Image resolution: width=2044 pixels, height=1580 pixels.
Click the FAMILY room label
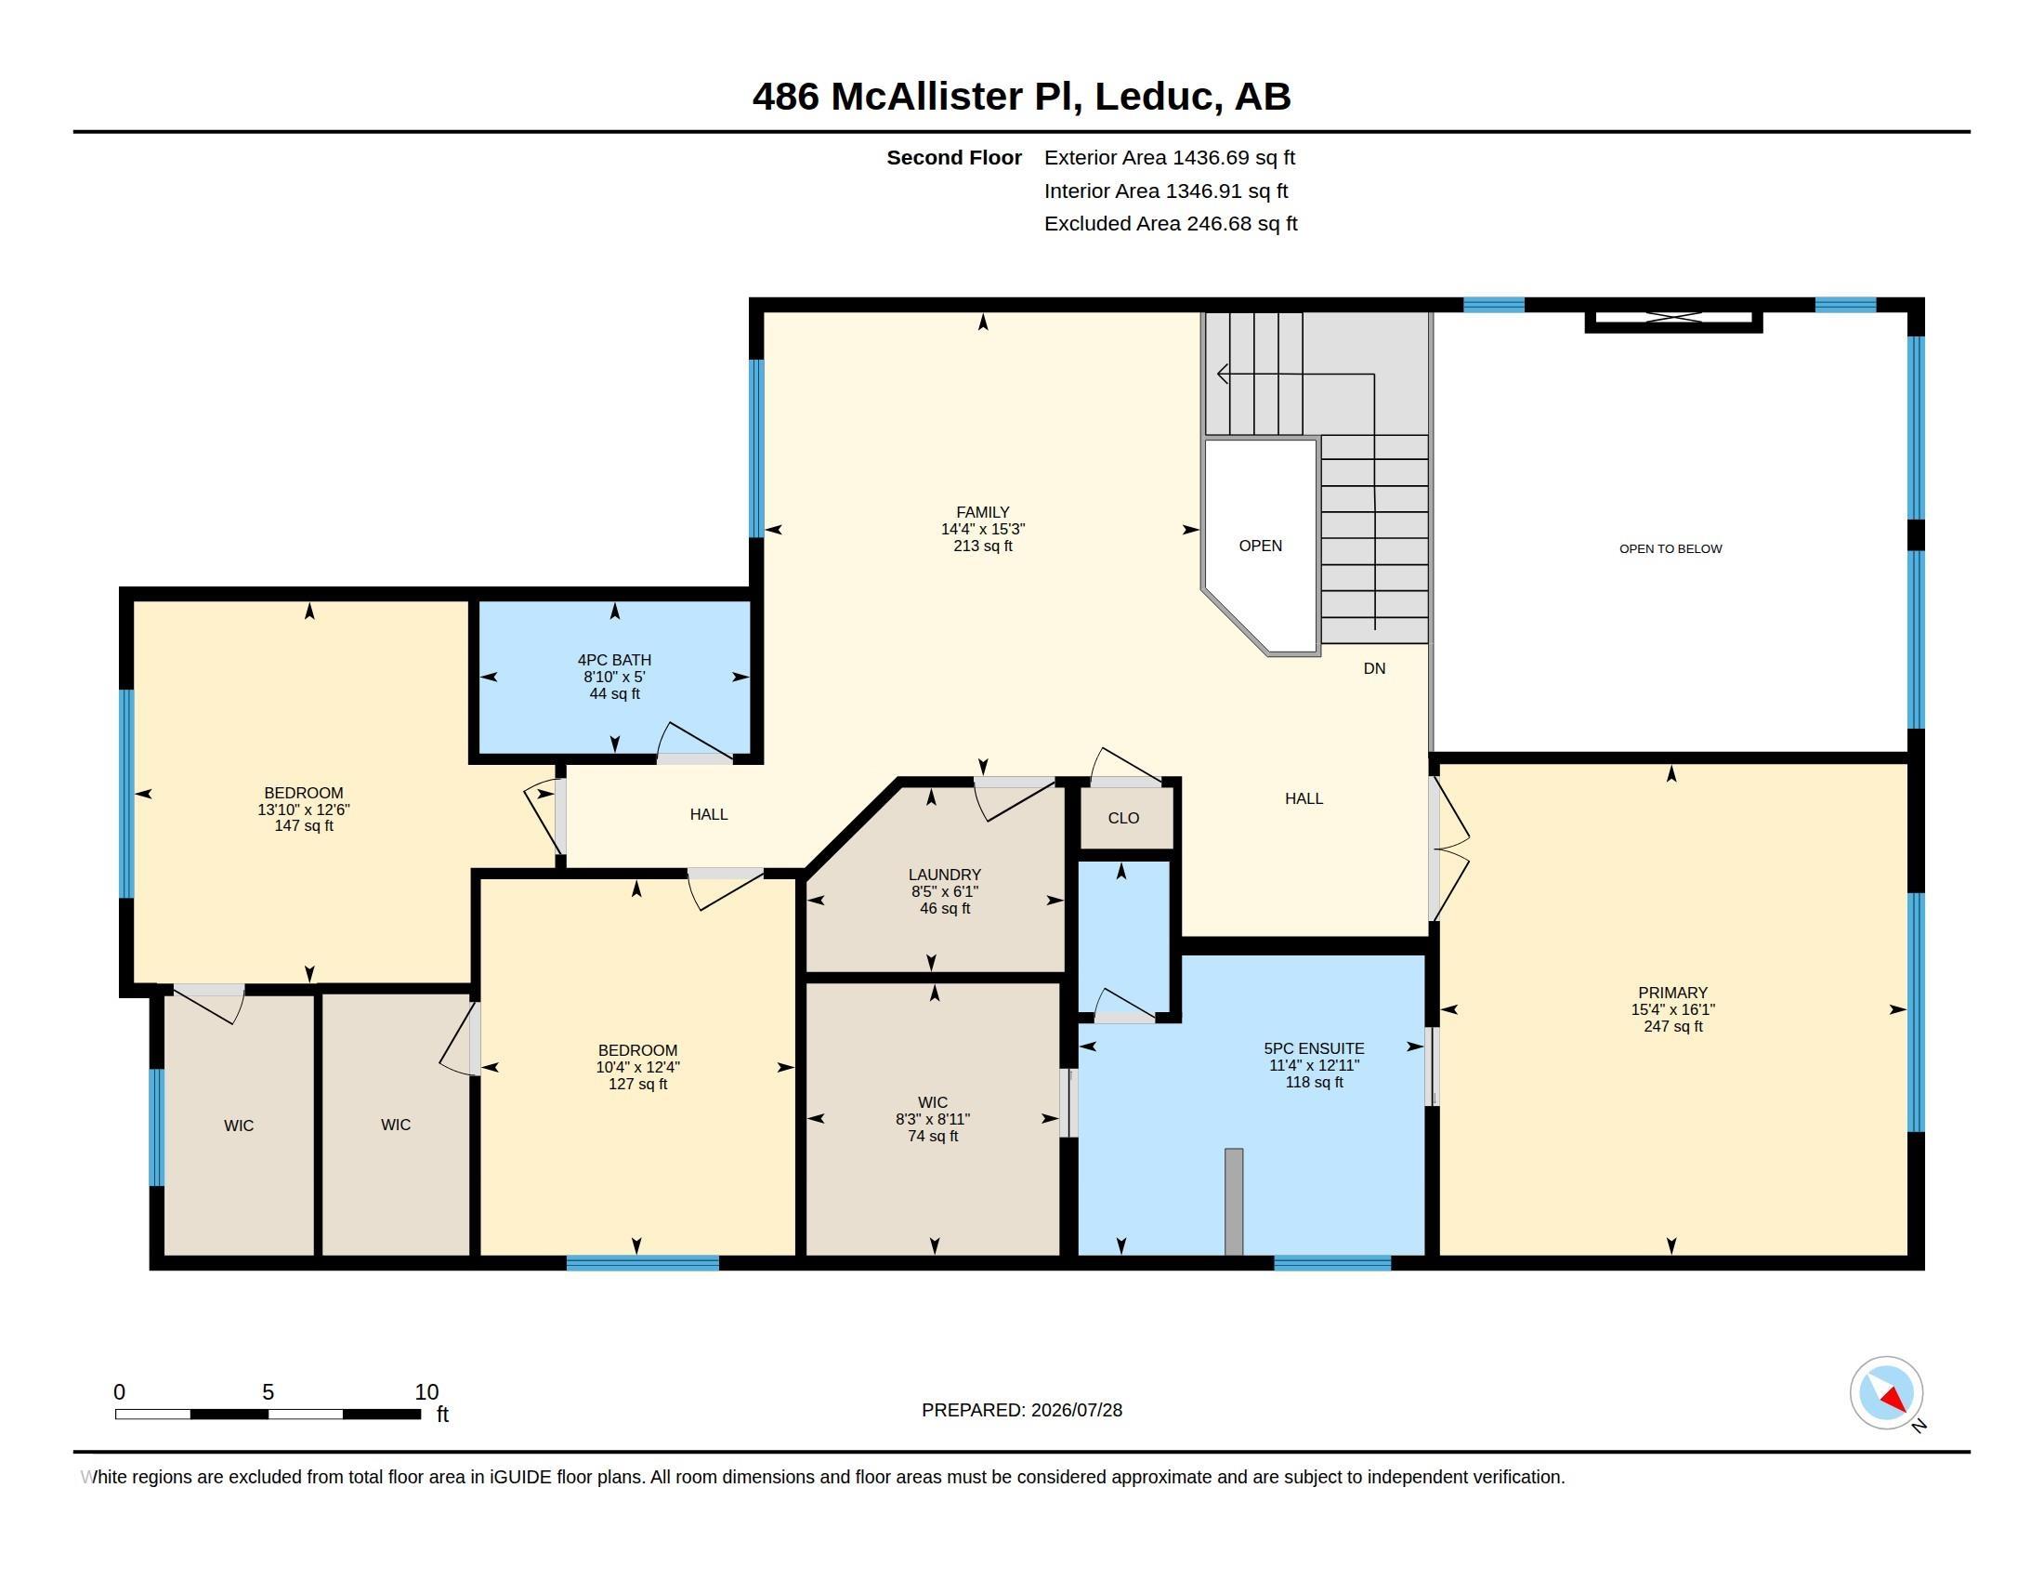[x=983, y=512]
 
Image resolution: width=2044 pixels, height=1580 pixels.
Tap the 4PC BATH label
[x=614, y=660]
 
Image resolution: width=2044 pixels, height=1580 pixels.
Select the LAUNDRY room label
[x=944, y=875]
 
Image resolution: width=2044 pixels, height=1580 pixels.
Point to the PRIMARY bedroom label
[x=1672, y=993]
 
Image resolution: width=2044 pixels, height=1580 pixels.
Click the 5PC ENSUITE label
[x=1314, y=1048]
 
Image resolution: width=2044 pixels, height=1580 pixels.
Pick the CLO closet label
[x=1123, y=818]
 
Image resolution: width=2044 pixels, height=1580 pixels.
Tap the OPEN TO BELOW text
[x=1671, y=548]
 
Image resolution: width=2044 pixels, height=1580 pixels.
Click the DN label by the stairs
[x=1374, y=668]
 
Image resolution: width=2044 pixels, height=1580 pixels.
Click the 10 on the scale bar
[x=426, y=1392]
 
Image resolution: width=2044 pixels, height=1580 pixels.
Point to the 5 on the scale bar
[x=268, y=1392]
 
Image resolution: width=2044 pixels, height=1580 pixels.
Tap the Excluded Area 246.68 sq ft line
[x=1171, y=224]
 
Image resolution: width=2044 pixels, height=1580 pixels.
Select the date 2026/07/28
[x=1076, y=1410]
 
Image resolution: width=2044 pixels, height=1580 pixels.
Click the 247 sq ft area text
[x=1672, y=1026]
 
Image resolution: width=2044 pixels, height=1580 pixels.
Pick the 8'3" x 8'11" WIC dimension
[x=932, y=1118]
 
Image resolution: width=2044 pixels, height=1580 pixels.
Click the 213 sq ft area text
[x=983, y=546]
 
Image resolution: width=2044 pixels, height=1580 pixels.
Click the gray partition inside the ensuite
[x=1234, y=1202]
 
